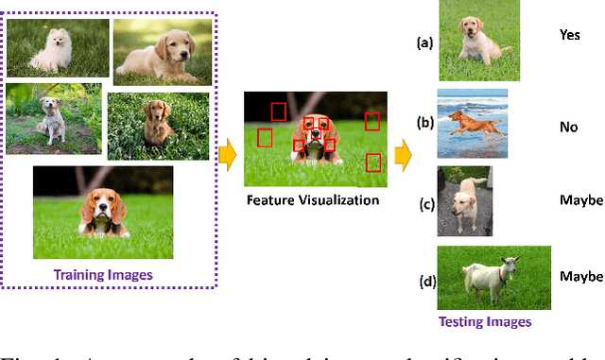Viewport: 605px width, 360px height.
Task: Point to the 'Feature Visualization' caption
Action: pyautogui.click(x=313, y=199)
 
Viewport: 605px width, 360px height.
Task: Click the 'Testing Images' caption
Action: pyautogui.click(x=485, y=321)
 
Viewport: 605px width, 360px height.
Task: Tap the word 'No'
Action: pyautogui.click(x=569, y=125)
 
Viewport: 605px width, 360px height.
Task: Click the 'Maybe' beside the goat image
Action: pyautogui.click(x=580, y=277)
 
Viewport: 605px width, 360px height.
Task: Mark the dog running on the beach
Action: pyautogui.click(x=472, y=123)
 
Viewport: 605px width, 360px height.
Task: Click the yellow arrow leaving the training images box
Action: pyautogui.click(x=227, y=156)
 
